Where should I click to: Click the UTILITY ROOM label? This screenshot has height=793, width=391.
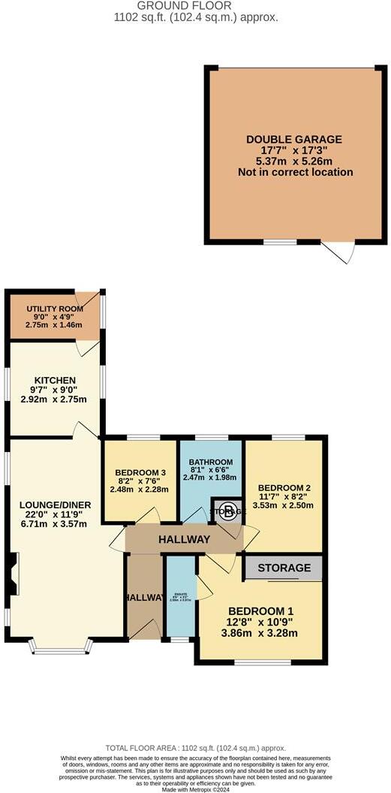click(x=48, y=309)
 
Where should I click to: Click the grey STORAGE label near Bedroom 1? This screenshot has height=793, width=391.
click(x=284, y=568)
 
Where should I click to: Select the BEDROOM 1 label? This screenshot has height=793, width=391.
click(x=263, y=611)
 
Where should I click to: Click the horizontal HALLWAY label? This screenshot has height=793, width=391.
click(x=184, y=539)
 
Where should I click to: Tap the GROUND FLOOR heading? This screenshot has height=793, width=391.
click(x=194, y=5)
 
